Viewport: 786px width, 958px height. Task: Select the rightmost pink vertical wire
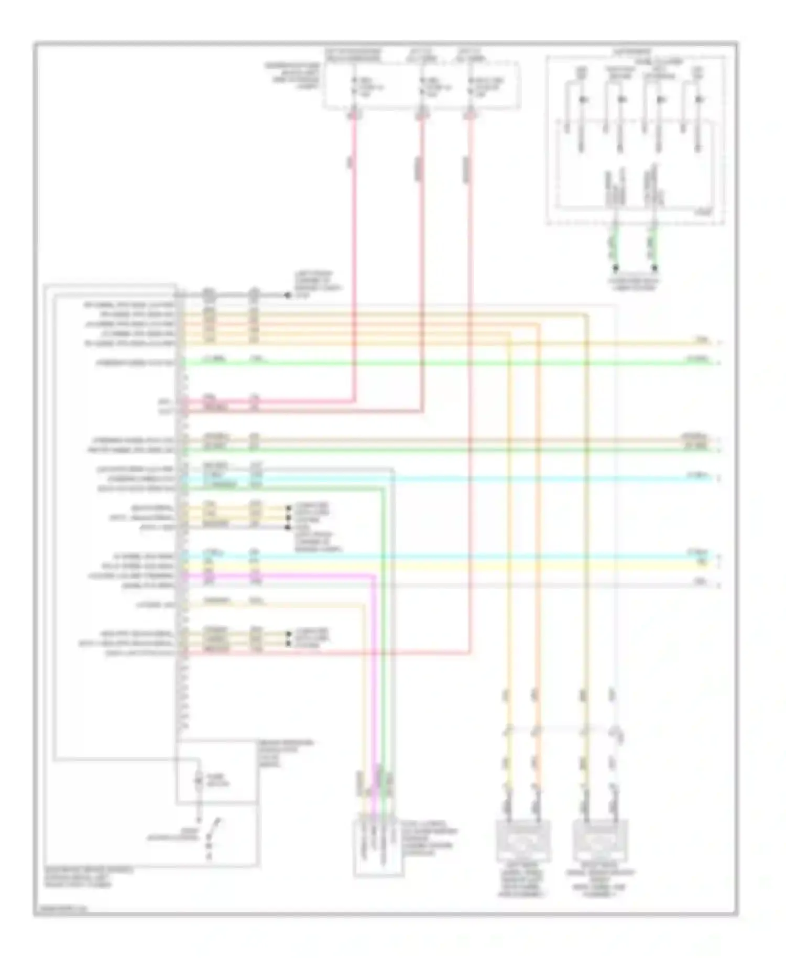pyautogui.click(x=470, y=367)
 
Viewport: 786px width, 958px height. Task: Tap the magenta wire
pyautogui.click(x=374, y=681)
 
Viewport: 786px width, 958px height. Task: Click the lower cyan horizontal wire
pyautogui.click(x=445, y=555)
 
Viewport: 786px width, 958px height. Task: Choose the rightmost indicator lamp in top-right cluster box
pyautogui.click(x=698, y=99)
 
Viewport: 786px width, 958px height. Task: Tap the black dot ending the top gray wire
pyautogui.click(x=287, y=296)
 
